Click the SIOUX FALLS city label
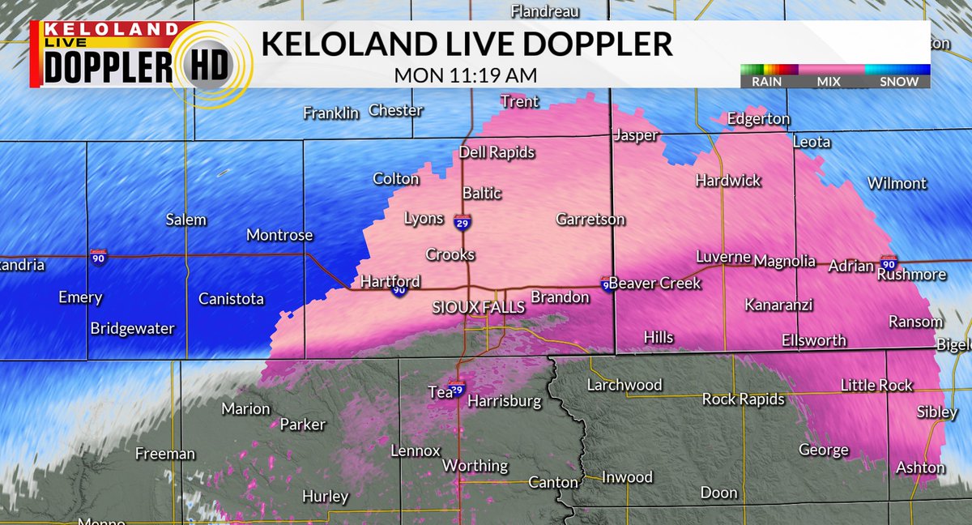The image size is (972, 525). (479, 308)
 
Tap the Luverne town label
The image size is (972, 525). (723, 258)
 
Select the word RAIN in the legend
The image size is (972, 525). (765, 81)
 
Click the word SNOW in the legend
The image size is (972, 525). (900, 81)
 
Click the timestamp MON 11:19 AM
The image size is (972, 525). (466, 75)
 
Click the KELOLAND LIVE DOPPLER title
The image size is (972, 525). (467, 45)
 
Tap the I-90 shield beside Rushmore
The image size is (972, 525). (889, 264)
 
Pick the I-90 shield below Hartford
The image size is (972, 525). (398, 290)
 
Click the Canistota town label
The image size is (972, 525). (231, 299)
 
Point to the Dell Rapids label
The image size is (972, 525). (497, 152)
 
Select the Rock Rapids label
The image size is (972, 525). (743, 399)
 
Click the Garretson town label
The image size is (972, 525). (590, 220)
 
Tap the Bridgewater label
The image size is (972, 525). (132, 328)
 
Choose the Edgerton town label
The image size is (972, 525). (758, 119)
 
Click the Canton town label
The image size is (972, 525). (552, 482)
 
